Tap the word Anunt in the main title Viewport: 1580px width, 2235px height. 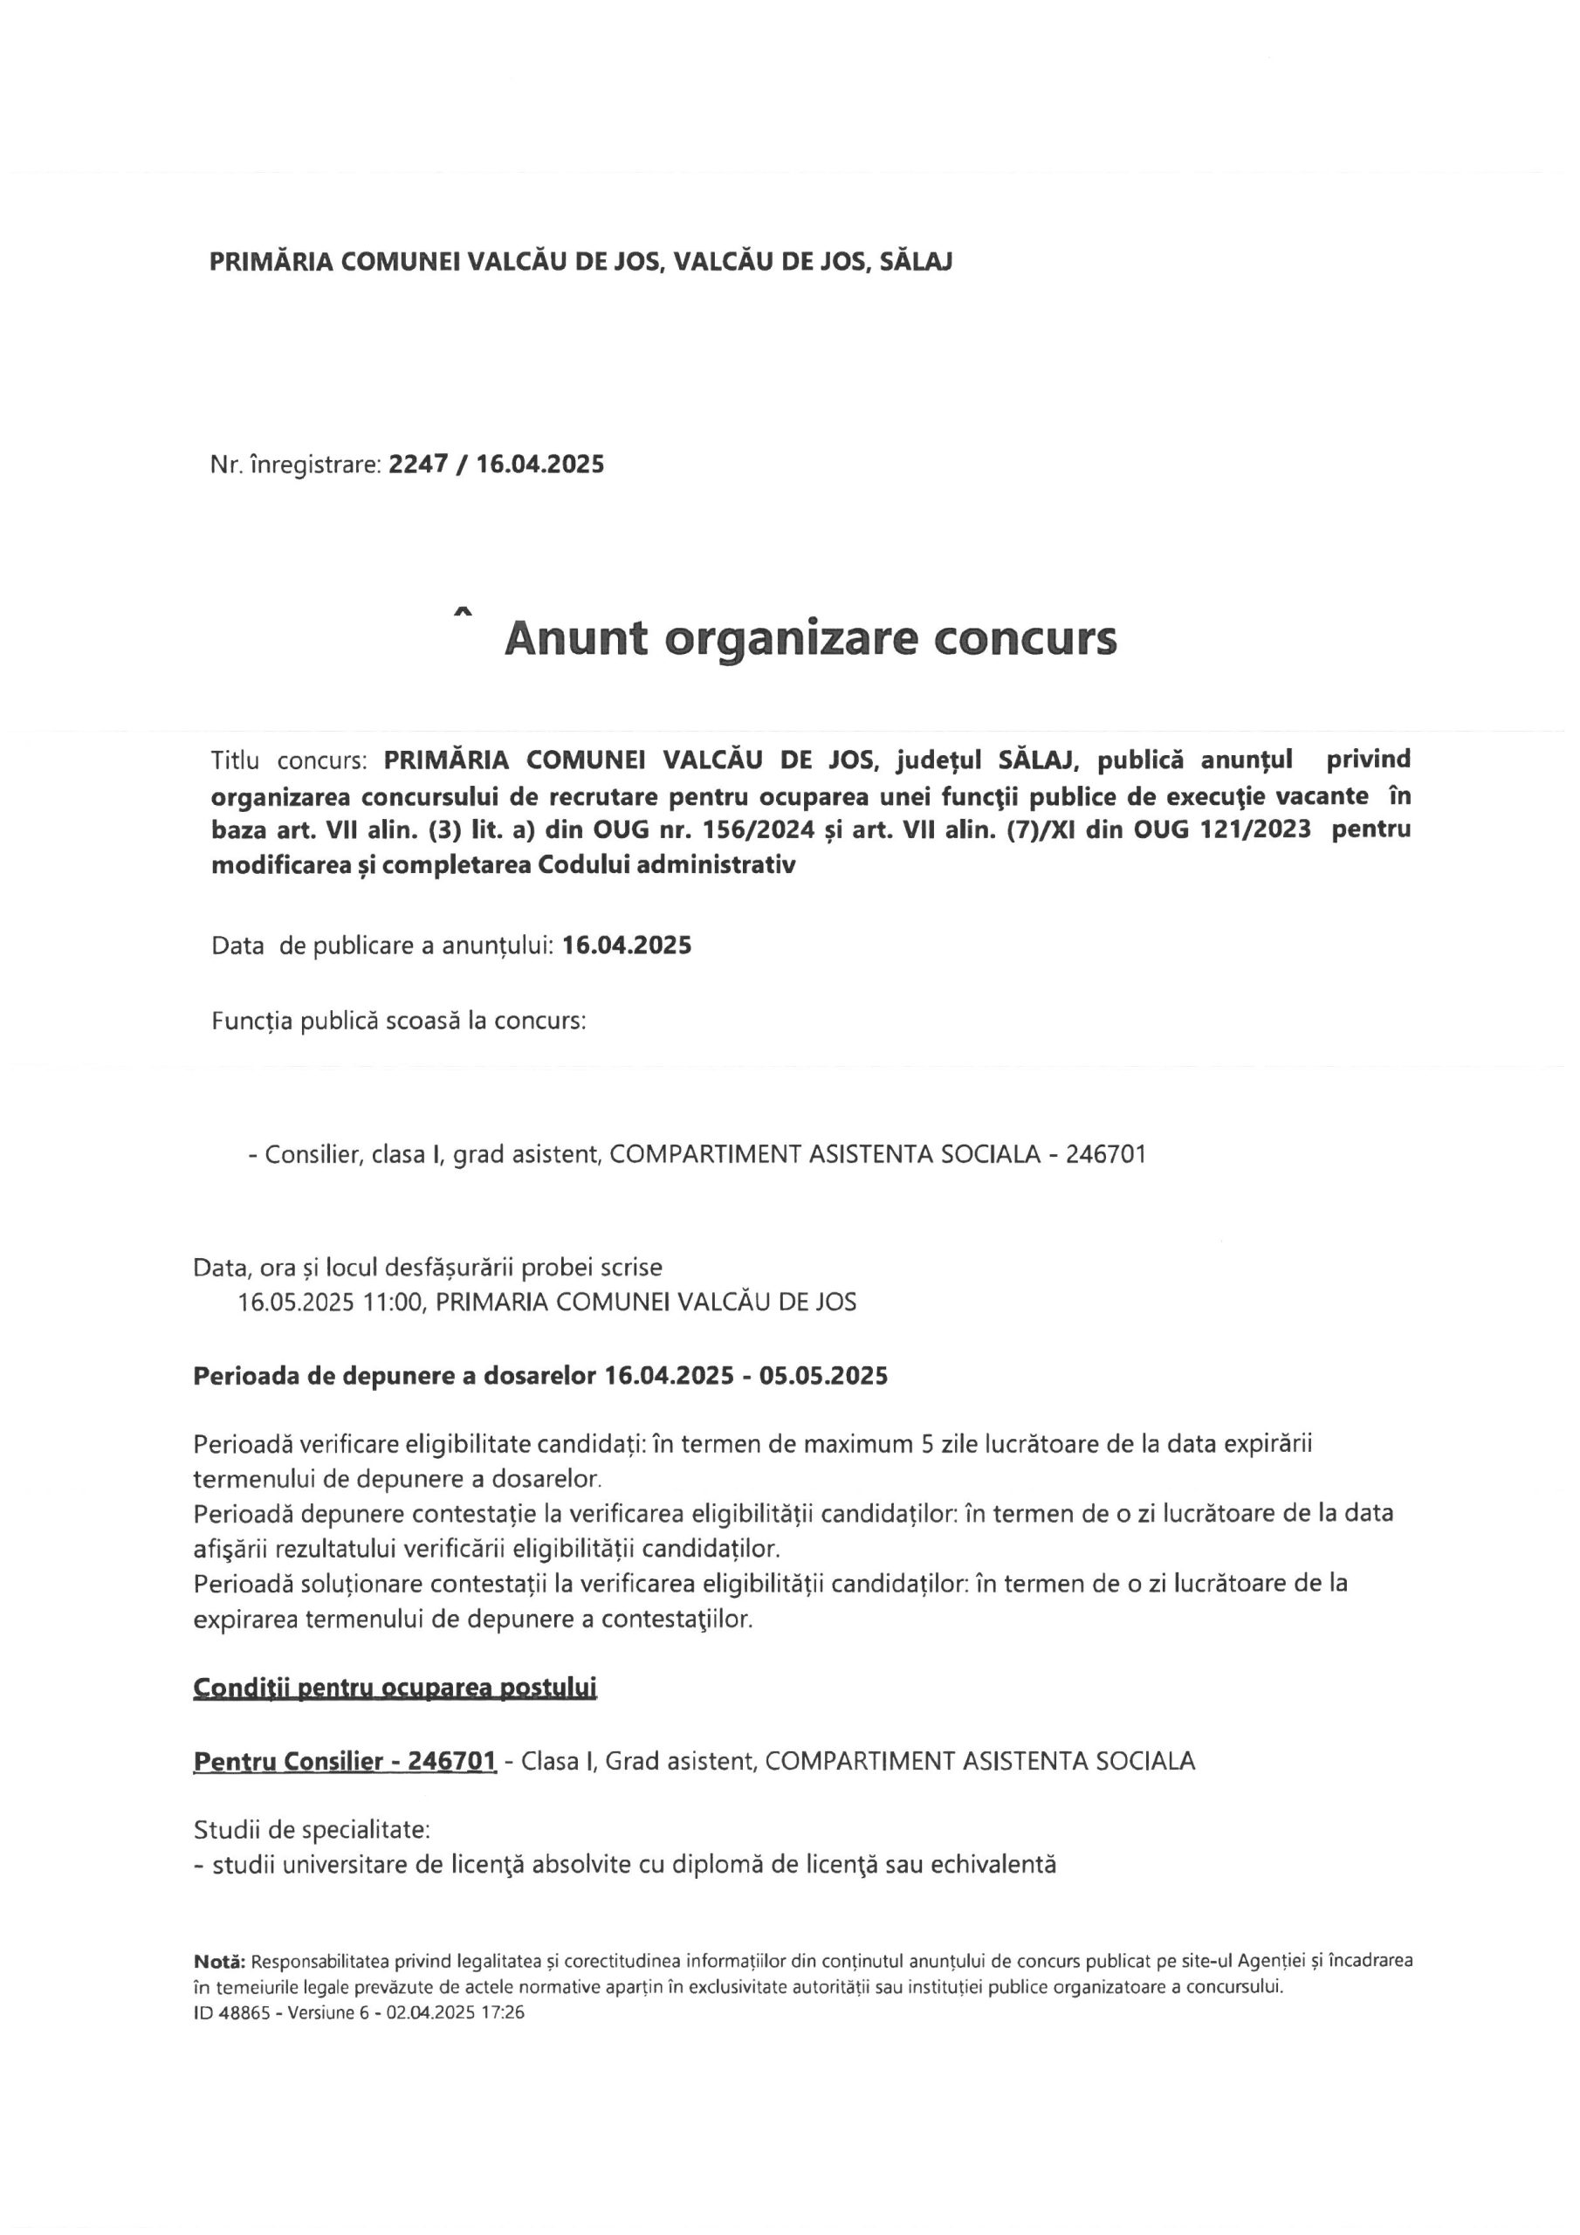[575, 638]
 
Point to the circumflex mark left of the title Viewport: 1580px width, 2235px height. [464, 612]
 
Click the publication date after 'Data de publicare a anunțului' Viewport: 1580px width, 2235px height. [627, 946]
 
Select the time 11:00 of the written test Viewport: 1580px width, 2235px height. [392, 1302]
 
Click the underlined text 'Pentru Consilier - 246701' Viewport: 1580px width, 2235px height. [346, 1761]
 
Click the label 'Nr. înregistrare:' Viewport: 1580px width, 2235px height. [295, 464]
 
